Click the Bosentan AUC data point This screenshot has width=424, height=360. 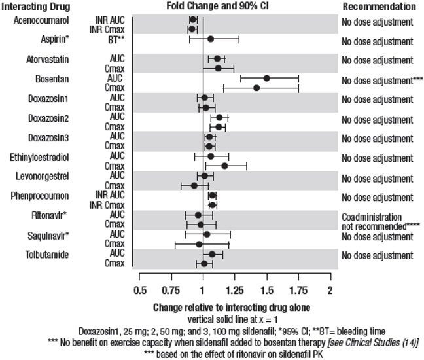(x=266, y=78)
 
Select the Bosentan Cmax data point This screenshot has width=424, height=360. (x=256, y=88)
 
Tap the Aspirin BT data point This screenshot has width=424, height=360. (x=210, y=39)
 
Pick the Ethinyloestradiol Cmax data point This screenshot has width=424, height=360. (x=224, y=166)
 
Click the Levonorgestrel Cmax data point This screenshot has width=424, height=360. (x=194, y=185)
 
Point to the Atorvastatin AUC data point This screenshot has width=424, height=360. (x=217, y=59)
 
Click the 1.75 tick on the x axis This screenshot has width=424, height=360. (x=298, y=289)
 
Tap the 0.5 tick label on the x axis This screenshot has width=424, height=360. (x=139, y=289)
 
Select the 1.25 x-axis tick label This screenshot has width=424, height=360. (x=234, y=289)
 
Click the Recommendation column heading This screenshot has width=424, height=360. (x=379, y=7)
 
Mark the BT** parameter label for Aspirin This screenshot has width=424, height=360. (x=116, y=39)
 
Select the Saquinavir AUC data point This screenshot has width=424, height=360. (x=207, y=234)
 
